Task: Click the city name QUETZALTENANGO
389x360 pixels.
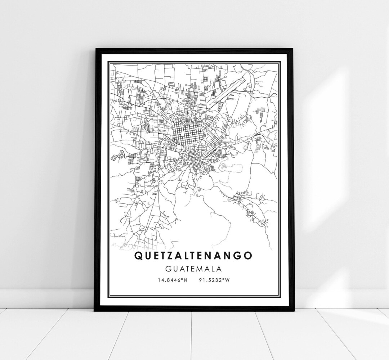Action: tap(193, 255)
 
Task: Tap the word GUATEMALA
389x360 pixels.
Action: tap(193, 268)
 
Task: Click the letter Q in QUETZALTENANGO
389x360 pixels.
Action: tap(139, 255)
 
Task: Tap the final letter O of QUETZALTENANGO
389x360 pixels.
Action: tap(248, 255)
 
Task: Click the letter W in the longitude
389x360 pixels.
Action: tap(227, 280)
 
